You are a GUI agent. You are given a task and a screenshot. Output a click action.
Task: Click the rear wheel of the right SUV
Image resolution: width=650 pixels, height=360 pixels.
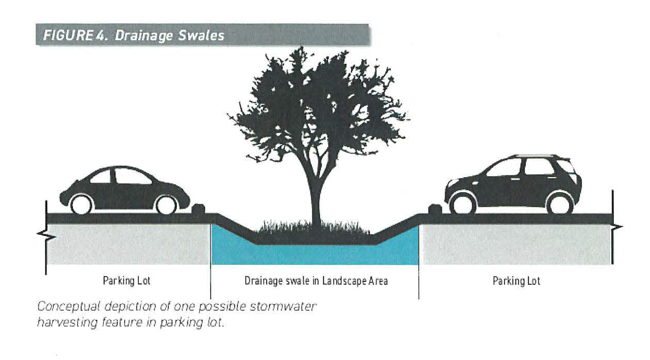[x=560, y=203]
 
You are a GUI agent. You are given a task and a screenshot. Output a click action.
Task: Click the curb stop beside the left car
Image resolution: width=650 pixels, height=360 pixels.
[x=198, y=209]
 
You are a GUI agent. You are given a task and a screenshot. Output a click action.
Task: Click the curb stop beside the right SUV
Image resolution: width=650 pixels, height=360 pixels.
[x=434, y=210]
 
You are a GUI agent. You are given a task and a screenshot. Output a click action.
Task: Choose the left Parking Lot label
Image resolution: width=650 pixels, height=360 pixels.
[x=126, y=281]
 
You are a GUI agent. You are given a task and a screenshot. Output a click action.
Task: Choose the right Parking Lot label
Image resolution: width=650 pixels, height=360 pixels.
[x=516, y=281]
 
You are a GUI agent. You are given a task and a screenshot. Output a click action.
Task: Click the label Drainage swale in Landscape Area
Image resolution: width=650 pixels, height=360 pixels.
[x=316, y=281]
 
